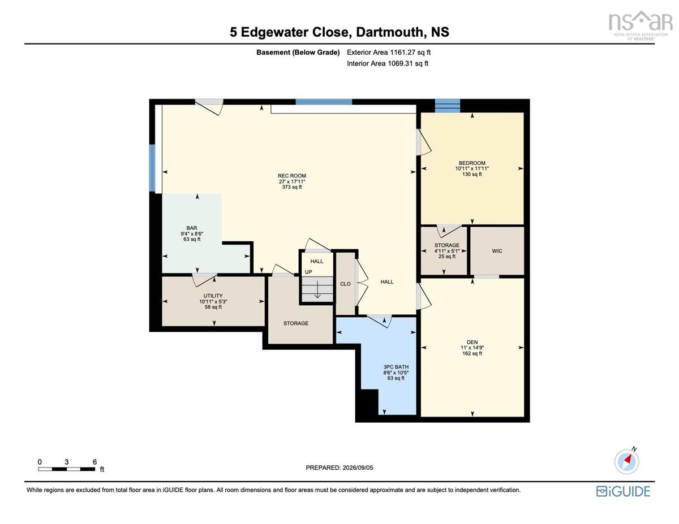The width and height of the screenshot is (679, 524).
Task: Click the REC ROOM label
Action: click(x=292, y=176)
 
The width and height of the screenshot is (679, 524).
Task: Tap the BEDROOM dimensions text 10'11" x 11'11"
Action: click(x=472, y=168)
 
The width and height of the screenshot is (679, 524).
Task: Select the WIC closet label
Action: click(x=497, y=251)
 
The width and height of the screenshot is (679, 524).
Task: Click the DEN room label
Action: click(x=472, y=342)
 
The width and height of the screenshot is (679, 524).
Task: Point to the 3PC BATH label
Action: click(x=396, y=367)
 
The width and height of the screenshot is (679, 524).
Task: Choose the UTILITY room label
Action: click(x=213, y=296)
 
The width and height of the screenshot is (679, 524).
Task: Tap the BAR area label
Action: click(x=192, y=228)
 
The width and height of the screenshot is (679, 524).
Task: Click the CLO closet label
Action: click(x=345, y=284)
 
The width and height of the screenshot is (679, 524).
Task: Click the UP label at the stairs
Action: click(x=308, y=272)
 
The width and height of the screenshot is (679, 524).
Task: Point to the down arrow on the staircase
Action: click(x=317, y=289)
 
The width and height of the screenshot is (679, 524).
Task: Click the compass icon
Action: click(x=627, y=462)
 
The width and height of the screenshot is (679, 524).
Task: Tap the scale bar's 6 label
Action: click(x=94, y=462)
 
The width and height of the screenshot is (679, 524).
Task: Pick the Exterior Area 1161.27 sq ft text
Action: click(x=389, y=53)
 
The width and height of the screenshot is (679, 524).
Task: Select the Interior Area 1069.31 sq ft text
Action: click(x=388, y=64)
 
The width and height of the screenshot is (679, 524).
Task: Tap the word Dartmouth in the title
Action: click(x=389, y=32)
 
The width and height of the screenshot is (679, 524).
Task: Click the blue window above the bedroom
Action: click(x=448, y=106)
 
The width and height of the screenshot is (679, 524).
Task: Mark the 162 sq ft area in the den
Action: click(x=472, y=353)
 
